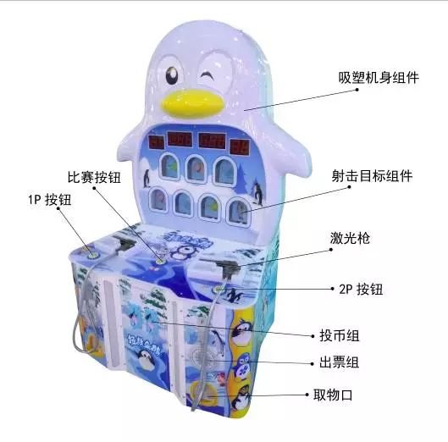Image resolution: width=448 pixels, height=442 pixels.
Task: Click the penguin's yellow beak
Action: tap(192, 103)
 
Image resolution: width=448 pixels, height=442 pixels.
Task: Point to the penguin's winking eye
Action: tap(207, 75)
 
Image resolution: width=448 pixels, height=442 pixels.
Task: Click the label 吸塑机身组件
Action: tap(379, 77)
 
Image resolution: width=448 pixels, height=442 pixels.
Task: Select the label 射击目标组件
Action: tap(372, 175)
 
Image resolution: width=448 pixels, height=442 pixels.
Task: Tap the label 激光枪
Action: tap(350, 238)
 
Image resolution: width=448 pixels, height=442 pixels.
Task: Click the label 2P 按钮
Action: tap(361, 289)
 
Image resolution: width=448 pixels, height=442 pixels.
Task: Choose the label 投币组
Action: tap(339, 335)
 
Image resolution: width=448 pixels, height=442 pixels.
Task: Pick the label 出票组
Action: tap(339, 362)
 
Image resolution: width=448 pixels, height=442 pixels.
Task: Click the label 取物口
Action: tap(333, 395)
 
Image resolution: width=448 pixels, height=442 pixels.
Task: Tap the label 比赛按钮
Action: tap(94, 177)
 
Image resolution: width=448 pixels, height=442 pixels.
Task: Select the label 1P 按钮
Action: tap(49, 200)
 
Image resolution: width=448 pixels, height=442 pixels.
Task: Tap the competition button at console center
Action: tap(160, 261)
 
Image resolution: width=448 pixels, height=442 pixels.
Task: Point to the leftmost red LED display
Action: tap(157, 142)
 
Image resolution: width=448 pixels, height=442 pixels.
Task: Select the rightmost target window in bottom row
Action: tap(240, 212)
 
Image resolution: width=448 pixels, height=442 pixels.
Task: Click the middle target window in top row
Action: tap(196, 169)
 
